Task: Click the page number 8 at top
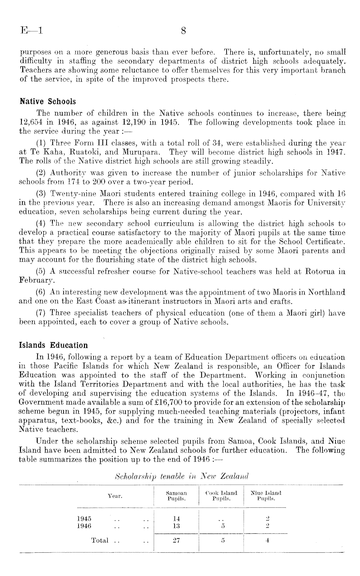(183, 31)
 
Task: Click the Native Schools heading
(48, 102)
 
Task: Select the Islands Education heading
(54, 345)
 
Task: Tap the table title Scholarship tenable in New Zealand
(181, 476)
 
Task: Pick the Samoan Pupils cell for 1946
(176, 526)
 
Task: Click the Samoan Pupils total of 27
(176, 540)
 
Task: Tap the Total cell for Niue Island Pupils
(267, 540)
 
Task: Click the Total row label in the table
(100, 540)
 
